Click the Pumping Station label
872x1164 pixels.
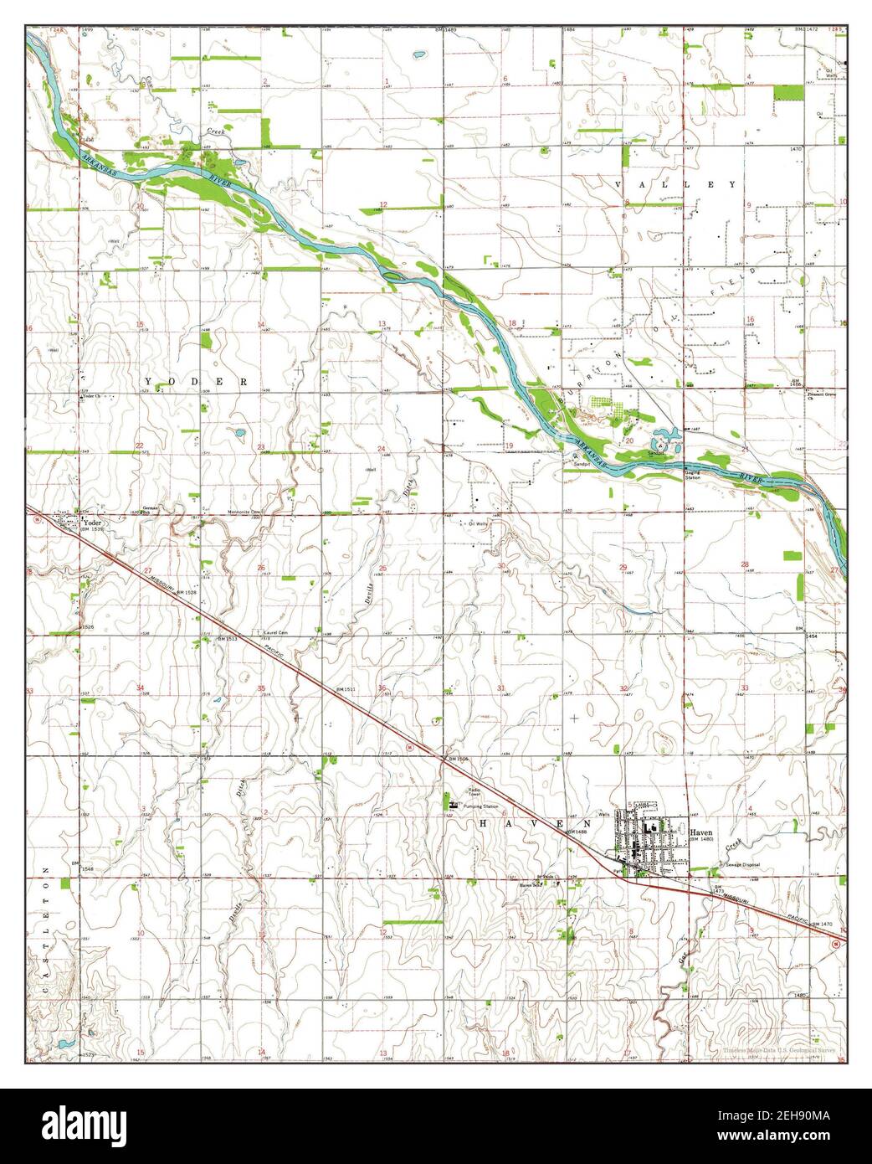coord(480,806)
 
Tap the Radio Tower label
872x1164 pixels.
coord(479,792)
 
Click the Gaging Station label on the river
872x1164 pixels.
coord(691,475)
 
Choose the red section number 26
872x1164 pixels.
coord(261,569)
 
